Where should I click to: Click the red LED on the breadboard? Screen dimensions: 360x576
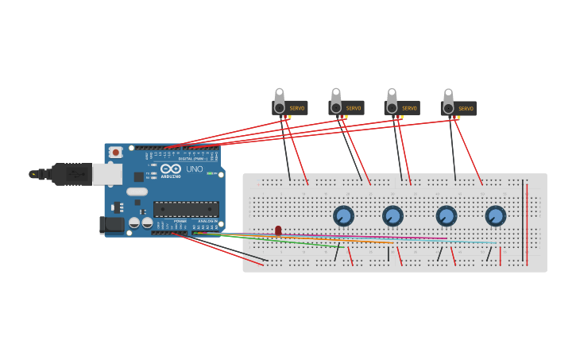coord(278,230)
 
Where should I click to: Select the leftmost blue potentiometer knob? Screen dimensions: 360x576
coord(343,215)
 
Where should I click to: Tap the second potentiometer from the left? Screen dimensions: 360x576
coord(392,215)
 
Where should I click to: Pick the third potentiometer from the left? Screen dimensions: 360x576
coord(446,215)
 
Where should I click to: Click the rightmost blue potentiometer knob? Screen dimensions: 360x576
coord(496,215)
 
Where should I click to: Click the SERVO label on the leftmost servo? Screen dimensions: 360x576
coord(297,108)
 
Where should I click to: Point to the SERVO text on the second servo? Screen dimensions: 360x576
coord(354,108)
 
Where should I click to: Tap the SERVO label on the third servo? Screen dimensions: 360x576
coord(409,108)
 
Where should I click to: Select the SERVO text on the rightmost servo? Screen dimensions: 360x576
coord(466,109)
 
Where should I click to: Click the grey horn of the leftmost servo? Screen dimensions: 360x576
coord(279,99)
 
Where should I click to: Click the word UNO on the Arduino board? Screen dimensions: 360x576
coord(195,169)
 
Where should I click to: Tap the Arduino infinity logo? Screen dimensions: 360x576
coord(171,169)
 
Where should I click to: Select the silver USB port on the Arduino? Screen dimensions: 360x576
coord(107,174)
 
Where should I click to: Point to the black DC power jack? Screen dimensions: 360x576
coord(113,225)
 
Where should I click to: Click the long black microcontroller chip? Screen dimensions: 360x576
coord(186,209)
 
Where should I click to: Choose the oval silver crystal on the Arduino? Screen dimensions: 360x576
coord(137,192)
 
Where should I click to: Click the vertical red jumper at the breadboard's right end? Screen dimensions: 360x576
coord(526,223)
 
